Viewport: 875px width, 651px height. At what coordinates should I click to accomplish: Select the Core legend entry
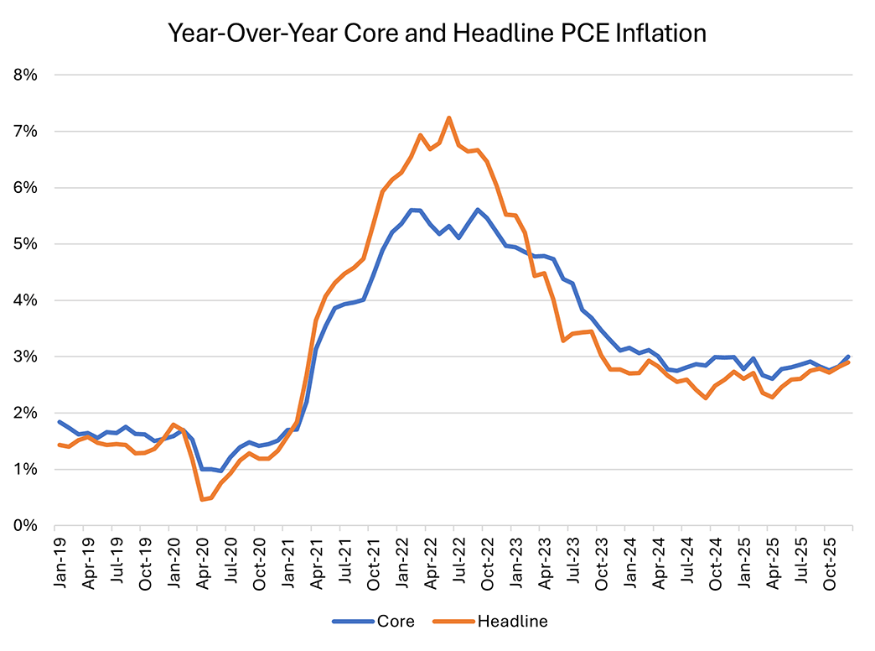point(387,622)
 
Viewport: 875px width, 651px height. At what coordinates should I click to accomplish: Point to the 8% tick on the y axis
point(25,75)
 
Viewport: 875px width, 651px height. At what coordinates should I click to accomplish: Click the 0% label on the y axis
point(25,526)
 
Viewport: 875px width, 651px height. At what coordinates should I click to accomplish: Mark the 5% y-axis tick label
point(25,244)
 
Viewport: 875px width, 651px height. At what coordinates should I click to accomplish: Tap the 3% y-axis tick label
point(25,357)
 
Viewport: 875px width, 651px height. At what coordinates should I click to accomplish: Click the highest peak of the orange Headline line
point(449,117)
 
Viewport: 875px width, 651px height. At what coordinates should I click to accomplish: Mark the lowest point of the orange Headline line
point(201,500)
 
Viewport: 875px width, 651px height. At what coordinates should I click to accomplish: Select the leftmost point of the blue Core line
point(58,422)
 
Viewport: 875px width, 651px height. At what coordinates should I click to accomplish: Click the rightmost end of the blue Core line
point(848,357)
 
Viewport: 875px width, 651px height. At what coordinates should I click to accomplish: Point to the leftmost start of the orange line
point(58,445)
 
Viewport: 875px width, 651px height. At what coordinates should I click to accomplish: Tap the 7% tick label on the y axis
point(25,132)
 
